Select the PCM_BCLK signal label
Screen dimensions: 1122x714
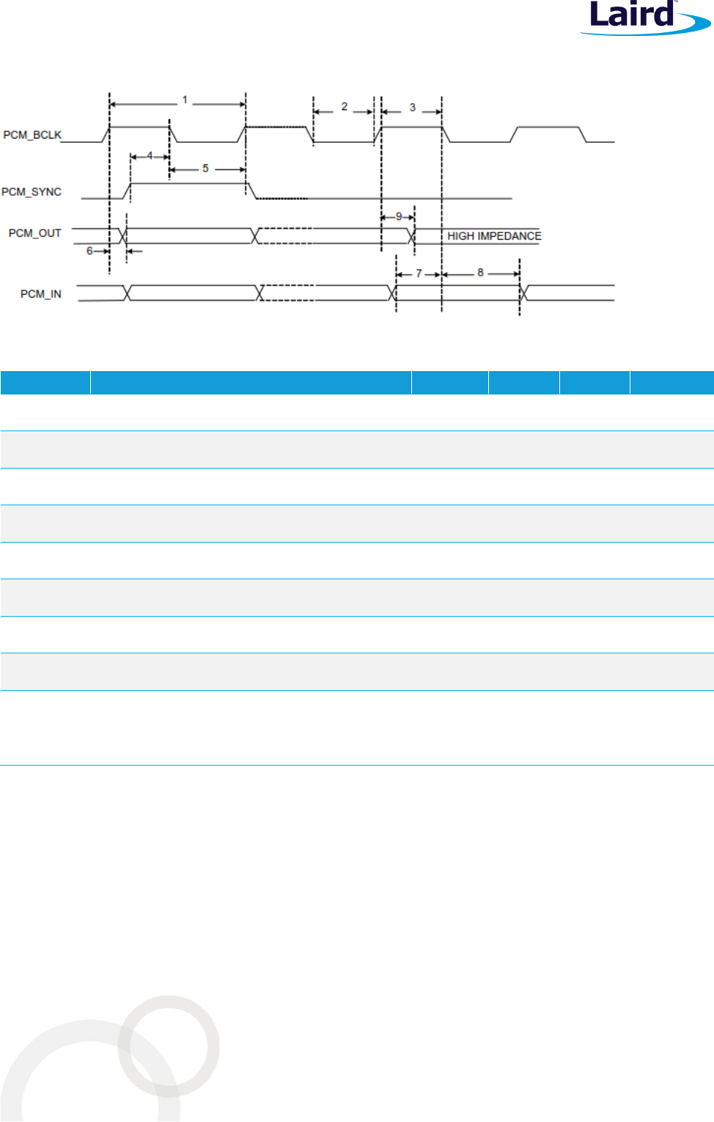tap(32, 135)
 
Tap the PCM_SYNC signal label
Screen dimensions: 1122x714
tap(32, 192)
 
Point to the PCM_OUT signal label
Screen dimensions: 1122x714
tap(34, 233)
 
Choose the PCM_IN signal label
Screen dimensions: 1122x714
tap(40, 294)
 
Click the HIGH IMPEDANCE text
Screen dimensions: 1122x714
tap(494, 236)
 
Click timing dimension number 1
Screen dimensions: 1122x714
tap(185, 100)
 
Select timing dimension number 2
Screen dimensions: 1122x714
tap(345, 107)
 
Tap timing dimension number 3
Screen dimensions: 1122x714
tap(413, 108)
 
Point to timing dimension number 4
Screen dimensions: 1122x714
tap(150, 155)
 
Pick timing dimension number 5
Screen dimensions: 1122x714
tap(205, 169)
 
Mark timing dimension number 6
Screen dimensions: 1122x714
tap(89, 251)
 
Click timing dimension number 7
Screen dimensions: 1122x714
tap(419, 274)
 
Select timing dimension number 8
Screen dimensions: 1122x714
tap(480, 273)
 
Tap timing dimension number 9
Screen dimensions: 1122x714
tap(399, 216)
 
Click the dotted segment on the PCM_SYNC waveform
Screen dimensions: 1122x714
tap(282, 198)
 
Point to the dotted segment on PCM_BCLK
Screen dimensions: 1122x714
tap(275, 127)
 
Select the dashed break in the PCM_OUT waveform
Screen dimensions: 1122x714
tap(286, 235)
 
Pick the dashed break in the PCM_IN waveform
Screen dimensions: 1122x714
tap(288, 293)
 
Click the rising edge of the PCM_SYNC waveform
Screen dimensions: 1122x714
tap(128, 191)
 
